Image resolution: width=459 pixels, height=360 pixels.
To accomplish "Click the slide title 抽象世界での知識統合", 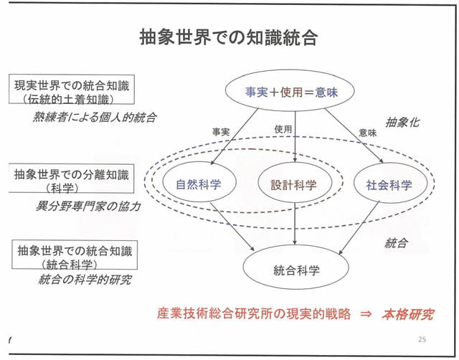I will point(229,37).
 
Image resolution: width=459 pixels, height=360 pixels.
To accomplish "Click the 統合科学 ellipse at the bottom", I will point(295,270).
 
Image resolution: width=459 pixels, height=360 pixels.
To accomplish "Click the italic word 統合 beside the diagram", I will point(396,243).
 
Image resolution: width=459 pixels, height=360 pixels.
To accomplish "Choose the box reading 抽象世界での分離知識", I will point(72,179).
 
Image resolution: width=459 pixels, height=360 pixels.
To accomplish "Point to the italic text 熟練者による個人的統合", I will point(94,116).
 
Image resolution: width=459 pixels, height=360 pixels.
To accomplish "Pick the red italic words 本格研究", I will point(407,314).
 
